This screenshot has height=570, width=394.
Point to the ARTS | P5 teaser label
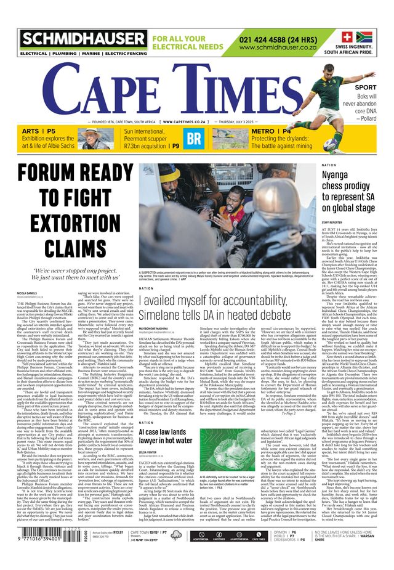point(39,131)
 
